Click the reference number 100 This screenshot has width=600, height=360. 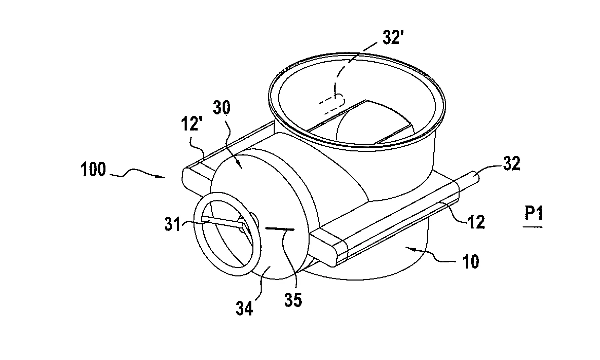coord(93,170)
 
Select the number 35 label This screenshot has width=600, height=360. coord(293,300)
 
